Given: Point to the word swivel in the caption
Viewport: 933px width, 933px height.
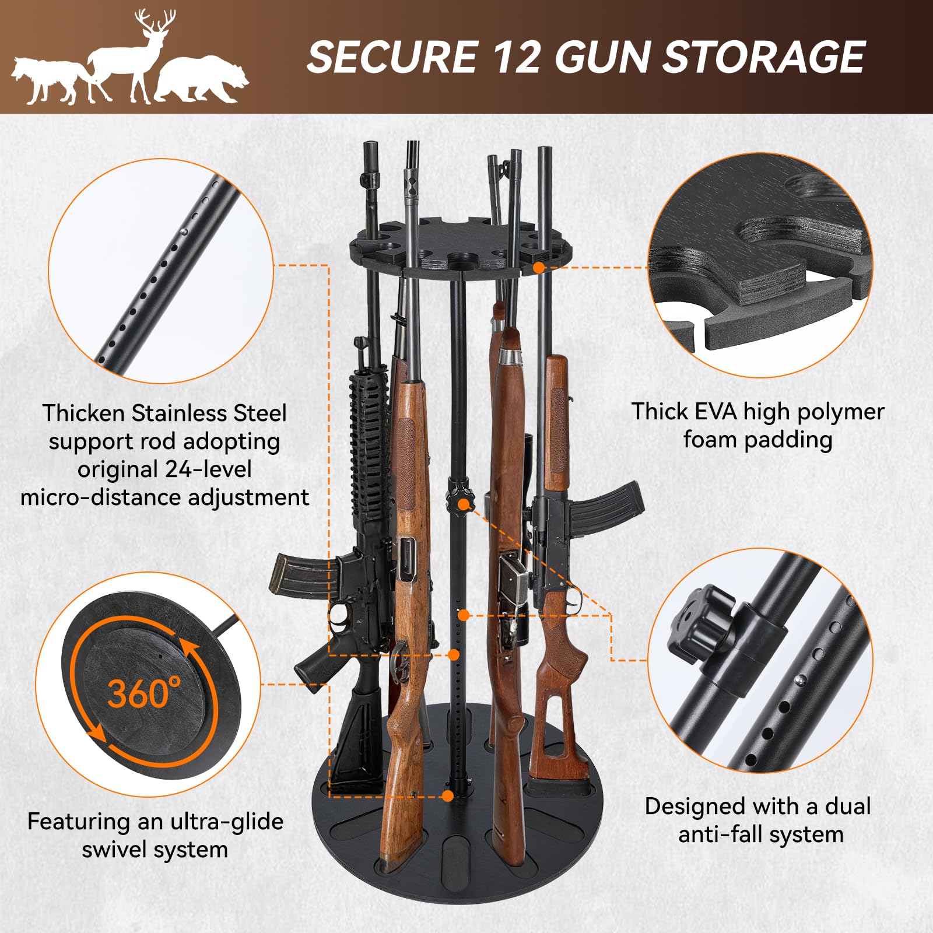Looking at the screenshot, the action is pos(115,850).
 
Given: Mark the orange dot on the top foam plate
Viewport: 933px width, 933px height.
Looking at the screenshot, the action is pos(539,267).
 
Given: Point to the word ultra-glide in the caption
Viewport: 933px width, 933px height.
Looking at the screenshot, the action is pos(211,822).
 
